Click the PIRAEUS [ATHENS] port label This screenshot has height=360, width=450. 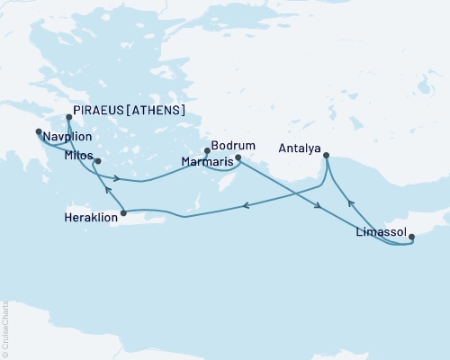pos(131,111)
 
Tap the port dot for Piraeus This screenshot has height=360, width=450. pos(69,116)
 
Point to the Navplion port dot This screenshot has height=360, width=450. pos(38,132)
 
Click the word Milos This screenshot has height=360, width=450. pos(78,155)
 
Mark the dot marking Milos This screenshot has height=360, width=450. pos(97,162)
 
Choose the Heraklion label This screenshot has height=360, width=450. pos(89,218)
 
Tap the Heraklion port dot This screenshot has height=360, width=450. pos(123,213)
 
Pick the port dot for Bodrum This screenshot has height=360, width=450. pos(207,150)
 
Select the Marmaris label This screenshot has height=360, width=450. pos(205,163)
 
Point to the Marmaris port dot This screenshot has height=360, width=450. pos(238,158)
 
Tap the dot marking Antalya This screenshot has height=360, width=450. pos(326,155)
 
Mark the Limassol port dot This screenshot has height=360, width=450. pos(412,238)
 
